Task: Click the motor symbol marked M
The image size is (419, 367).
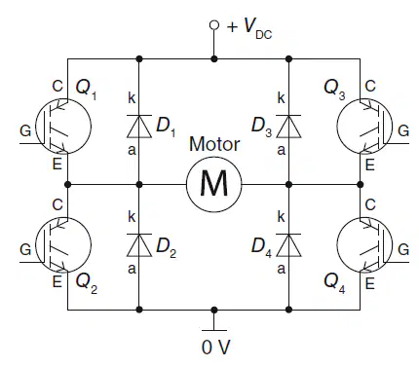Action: pyautogui.click(x=214, y=184)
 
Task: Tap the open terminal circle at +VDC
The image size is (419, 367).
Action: pyautogui.click(x=214, y=25)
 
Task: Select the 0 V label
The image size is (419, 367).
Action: pyautogui.click(x=215, y=348)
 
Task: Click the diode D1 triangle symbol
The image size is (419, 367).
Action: pyautogui.click(x=139, y=127)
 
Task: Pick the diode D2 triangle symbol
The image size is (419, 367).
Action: pyautogui.click(x=139, y=245)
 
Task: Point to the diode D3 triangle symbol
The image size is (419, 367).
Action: pyautogui.click(x=288, y=127)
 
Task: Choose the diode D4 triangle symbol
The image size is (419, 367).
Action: pyautogui.click(x=288, y=245)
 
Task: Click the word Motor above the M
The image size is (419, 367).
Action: pyautogui.click(x=214, y=144)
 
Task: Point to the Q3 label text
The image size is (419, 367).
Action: pyautogui.click(x=334, y=90)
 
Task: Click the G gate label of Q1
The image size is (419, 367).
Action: pyautogui.click(x=25, y=130)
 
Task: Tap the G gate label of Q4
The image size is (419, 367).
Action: pyautogui.click(x=403, y=249)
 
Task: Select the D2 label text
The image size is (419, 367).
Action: pyautogui.click(x=167, y=248)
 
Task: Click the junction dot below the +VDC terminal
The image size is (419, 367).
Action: pyautogui.click(x=214, y=59)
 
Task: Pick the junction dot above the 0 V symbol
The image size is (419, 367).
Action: pyautogui.click(x=214, y=310)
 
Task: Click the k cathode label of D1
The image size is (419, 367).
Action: pyautogui.click(x=132, y=97)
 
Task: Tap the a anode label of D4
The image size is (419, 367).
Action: pyautogui.click(x=282, y=269)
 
